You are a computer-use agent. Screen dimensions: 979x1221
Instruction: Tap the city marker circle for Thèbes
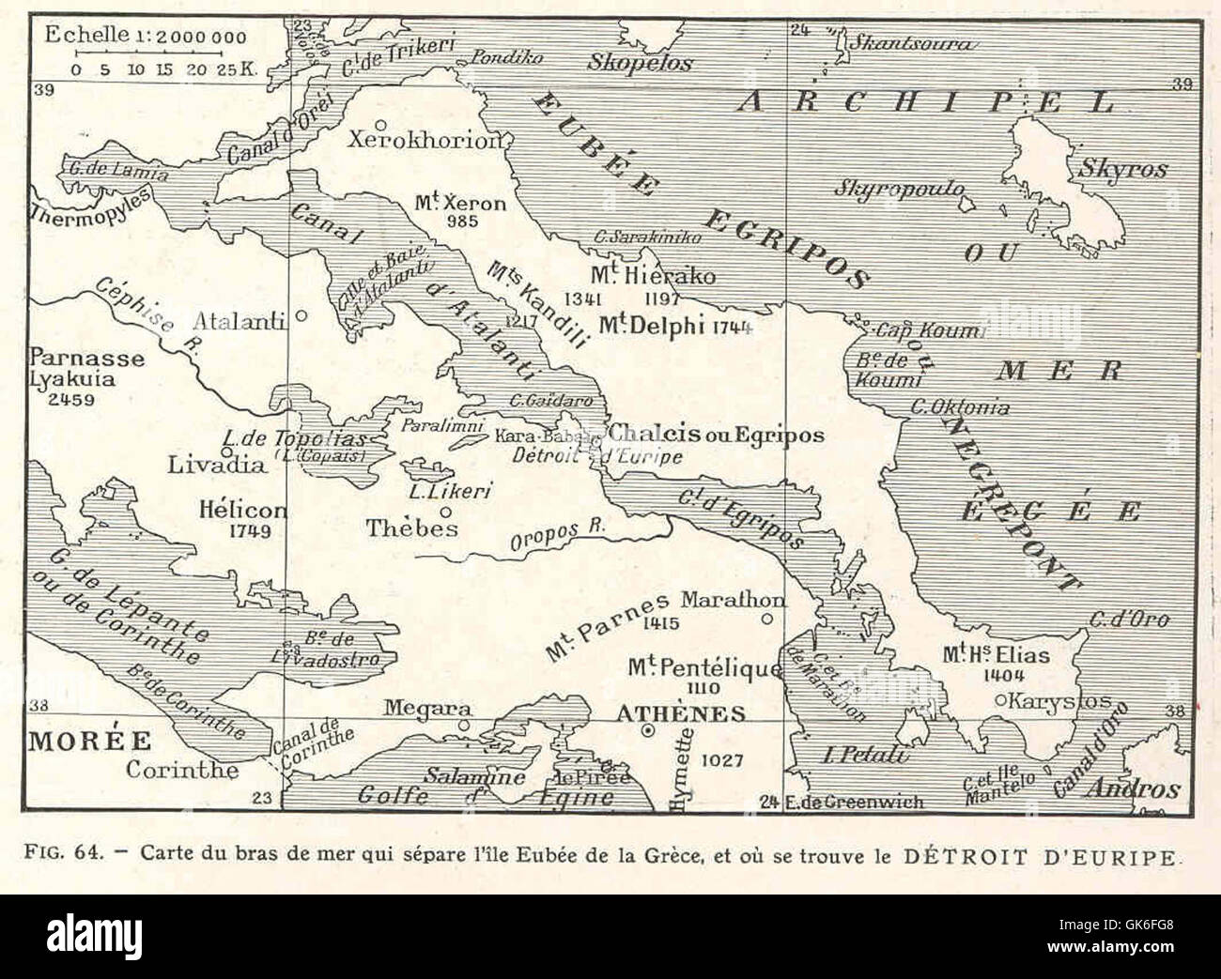pos(445,512)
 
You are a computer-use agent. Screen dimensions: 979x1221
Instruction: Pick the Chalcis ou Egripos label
pos(716,435)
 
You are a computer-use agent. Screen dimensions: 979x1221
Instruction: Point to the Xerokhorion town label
pos(422,141)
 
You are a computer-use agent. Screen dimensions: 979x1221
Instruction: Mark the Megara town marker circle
pos(462,726)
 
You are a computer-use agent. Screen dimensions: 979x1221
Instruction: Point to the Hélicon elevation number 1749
pos(249,530)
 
